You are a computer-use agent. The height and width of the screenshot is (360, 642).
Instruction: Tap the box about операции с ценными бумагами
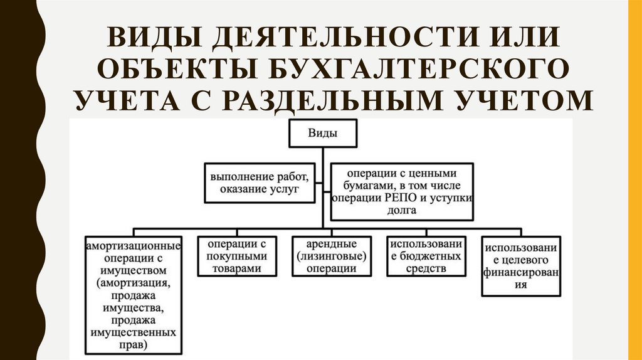click(402, 191)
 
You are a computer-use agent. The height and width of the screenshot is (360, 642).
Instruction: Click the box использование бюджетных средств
click(425, 256)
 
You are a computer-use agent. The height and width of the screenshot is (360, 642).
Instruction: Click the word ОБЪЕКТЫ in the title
click(174, 68)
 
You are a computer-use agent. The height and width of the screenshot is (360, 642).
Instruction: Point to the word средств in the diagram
click(425, 268)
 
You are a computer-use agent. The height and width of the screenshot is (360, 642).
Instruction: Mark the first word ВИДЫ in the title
click(141, 37)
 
